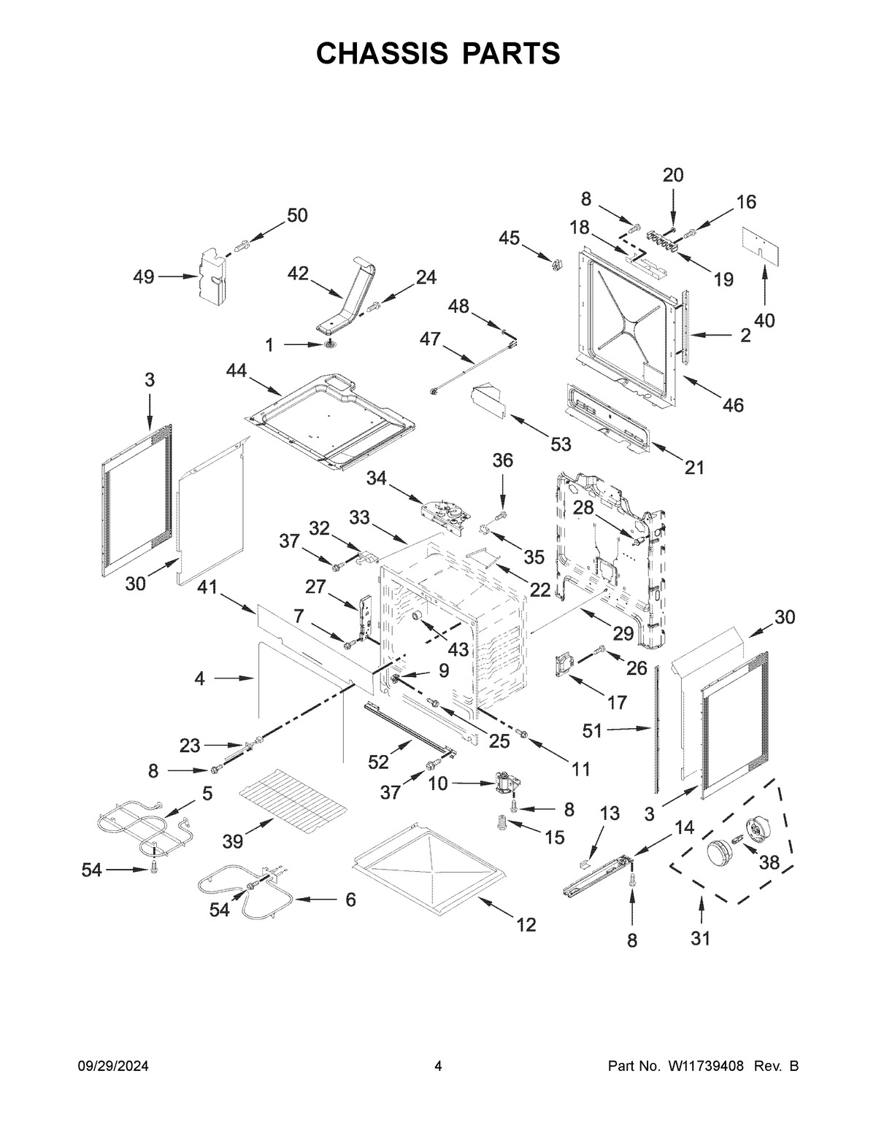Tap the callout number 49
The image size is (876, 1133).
tap(144, 277)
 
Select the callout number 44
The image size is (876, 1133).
tap(236, 371)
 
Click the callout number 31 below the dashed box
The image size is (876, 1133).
tap(700, 938)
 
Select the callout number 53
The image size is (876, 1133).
tap(561, 443)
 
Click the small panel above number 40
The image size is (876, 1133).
tap(761, 243)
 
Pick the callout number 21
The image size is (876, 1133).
tap(694, 467)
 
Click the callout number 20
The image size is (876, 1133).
tap(673, 175)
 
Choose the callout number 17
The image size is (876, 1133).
tap(617, 702)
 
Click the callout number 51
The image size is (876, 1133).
tap(593, 730)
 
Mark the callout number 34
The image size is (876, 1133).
tap(376, 479)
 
